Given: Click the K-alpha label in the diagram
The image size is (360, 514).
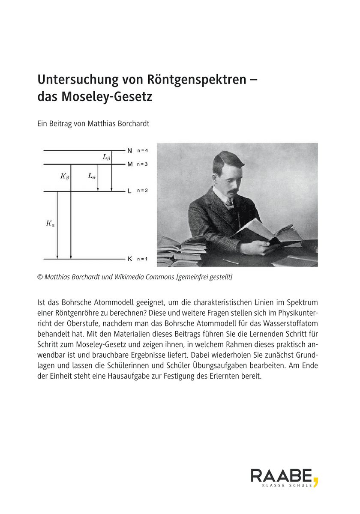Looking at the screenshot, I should coord(51,223).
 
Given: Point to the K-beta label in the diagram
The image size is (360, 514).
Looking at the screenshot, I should coord(64,176).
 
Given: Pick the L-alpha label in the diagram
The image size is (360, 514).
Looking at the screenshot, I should coord(92,176).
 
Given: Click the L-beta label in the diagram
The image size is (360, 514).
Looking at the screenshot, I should coord(106,158).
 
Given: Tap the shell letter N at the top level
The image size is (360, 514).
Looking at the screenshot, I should coord(129,151).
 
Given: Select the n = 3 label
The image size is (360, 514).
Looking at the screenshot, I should coord(142,164).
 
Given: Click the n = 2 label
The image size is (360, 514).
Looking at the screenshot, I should coord(142,191).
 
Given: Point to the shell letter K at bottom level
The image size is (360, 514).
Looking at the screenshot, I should coord(129,259).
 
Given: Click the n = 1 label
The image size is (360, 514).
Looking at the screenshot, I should coord(142,259).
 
